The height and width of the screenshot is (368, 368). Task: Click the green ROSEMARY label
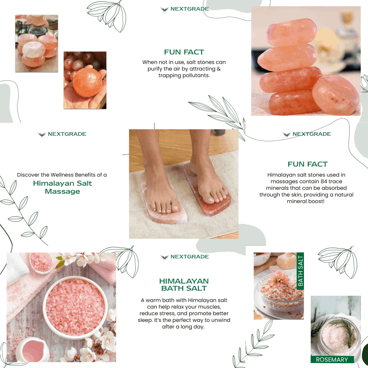(x=332, y=360)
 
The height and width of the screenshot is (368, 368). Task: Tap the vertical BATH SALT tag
(x=300, y=271)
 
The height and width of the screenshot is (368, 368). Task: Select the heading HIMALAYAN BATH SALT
(x=184, y=285)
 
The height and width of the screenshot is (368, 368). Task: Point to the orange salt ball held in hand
(x=87, y=83)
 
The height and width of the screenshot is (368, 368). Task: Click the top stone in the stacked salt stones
(x=292, y=32)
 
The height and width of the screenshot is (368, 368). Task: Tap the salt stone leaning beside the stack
(x=336, y=94)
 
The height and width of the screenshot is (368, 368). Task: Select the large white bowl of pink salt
(x=75, y=307)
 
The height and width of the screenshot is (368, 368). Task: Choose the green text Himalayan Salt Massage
(x=62, y=187)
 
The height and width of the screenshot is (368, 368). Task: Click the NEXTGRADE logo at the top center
(x=184, y=9)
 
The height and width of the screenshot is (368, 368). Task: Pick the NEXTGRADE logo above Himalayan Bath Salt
(x=184, y=256)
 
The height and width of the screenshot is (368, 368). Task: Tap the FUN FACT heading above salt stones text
(x=184, y=52)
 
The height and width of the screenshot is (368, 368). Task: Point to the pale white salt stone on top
(x=33, y=50)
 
